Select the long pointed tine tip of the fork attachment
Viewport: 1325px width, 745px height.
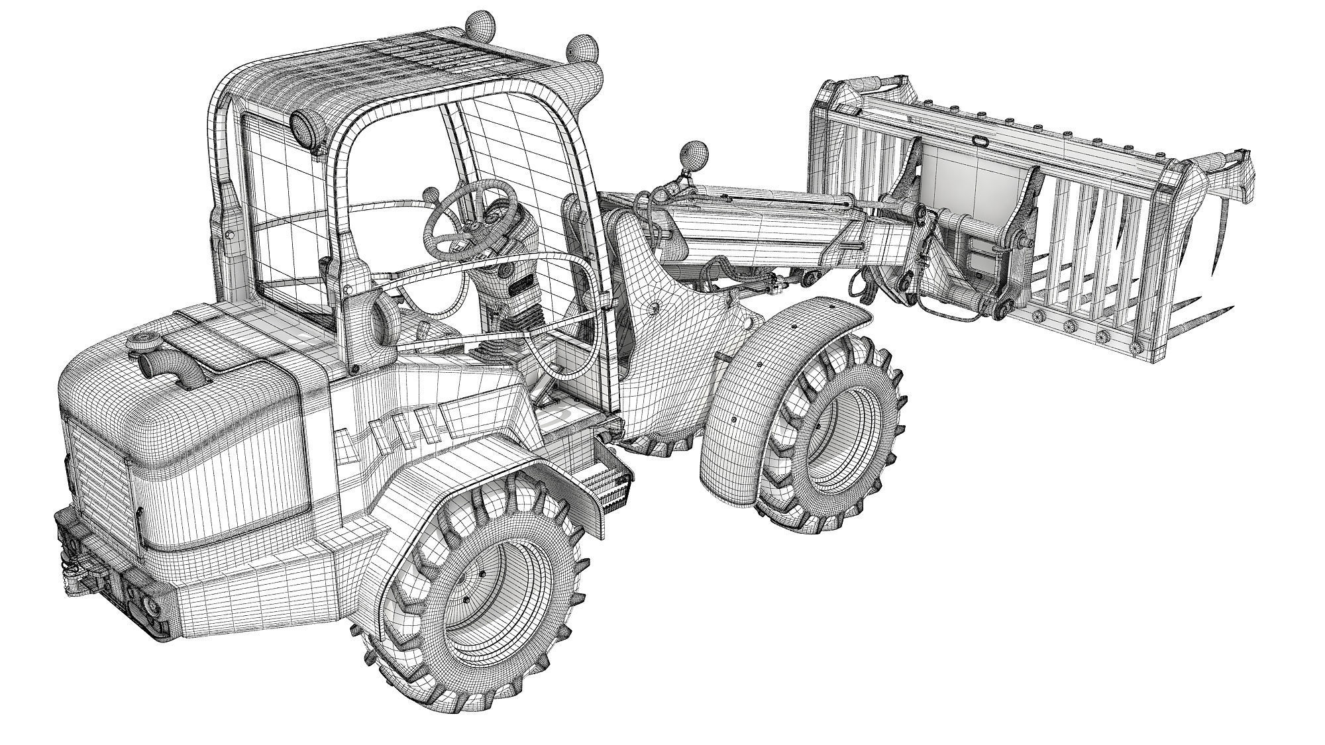[1226, 310]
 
